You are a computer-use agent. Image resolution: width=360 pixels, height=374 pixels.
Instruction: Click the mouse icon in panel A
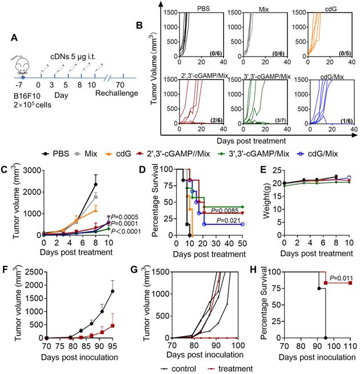pyautogui.click(x=22, y=67)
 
